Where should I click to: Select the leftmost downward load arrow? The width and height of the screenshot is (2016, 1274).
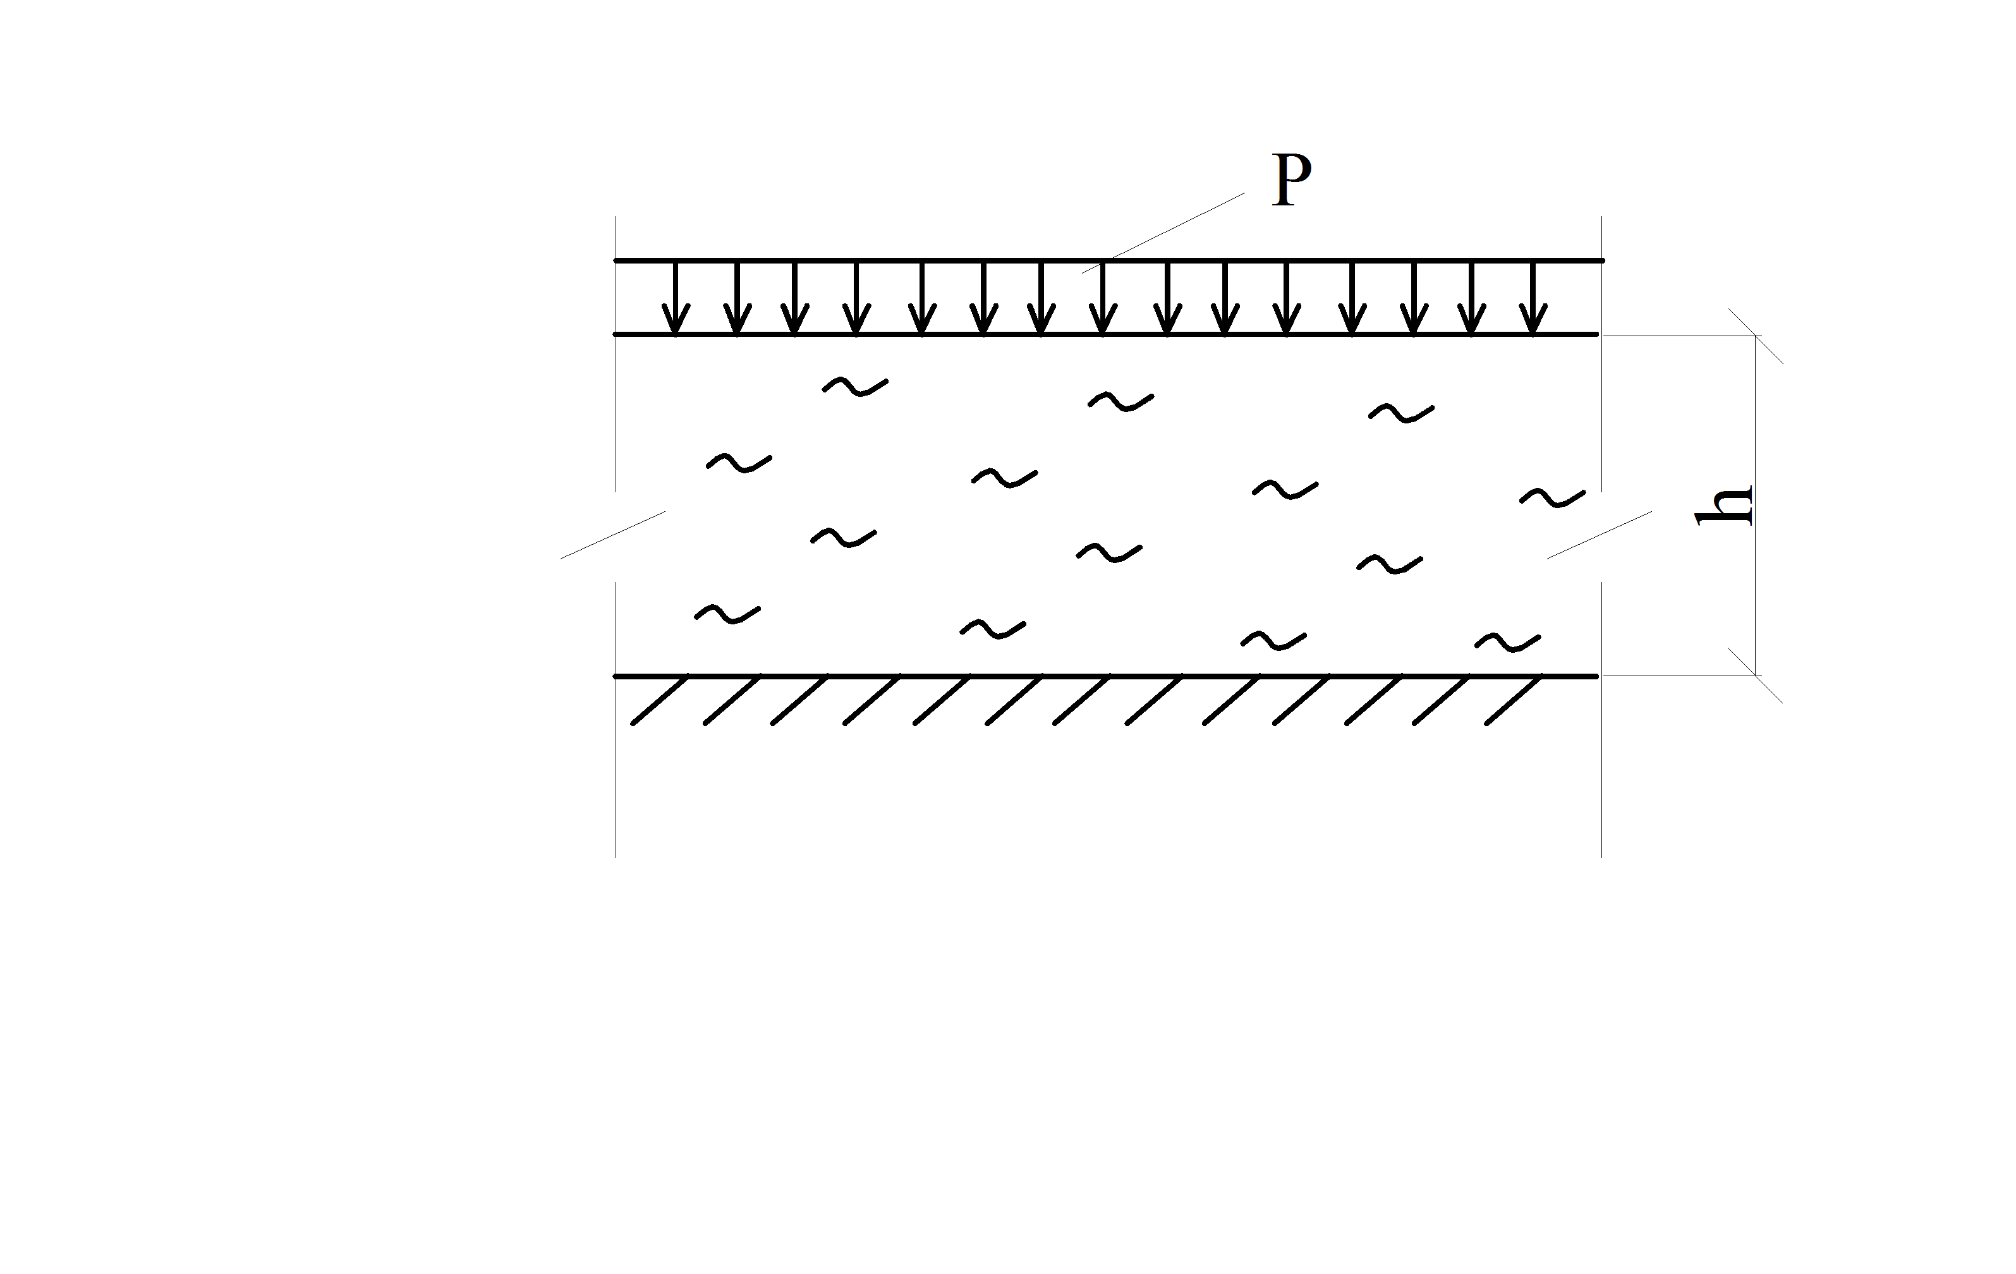(x=676, y=299)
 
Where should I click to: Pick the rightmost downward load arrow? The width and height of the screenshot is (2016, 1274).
(x=1533, y=299)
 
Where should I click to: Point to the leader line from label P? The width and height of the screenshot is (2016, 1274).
(x=1163, y=233)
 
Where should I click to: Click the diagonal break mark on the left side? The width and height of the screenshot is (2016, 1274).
(x=613, y=535)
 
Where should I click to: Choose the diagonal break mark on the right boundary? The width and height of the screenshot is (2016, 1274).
(x=1599, y=535)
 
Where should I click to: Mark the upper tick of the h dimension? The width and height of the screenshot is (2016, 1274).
(x=1756, y=336)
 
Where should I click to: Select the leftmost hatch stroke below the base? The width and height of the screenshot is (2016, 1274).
(x=660, y=700)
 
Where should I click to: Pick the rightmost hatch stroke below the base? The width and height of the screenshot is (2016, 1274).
(x=1514, y=700)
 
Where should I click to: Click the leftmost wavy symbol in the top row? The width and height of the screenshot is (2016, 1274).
(x=855, y=387)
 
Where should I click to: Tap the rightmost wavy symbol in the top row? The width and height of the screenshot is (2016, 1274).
(x=1402, y=413)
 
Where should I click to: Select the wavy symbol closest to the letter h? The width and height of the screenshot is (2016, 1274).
(x=1552, y=498)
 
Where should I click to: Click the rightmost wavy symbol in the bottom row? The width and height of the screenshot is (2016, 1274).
(x=1507, y=642)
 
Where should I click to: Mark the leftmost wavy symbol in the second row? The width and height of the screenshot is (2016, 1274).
(x=739, y=463)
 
